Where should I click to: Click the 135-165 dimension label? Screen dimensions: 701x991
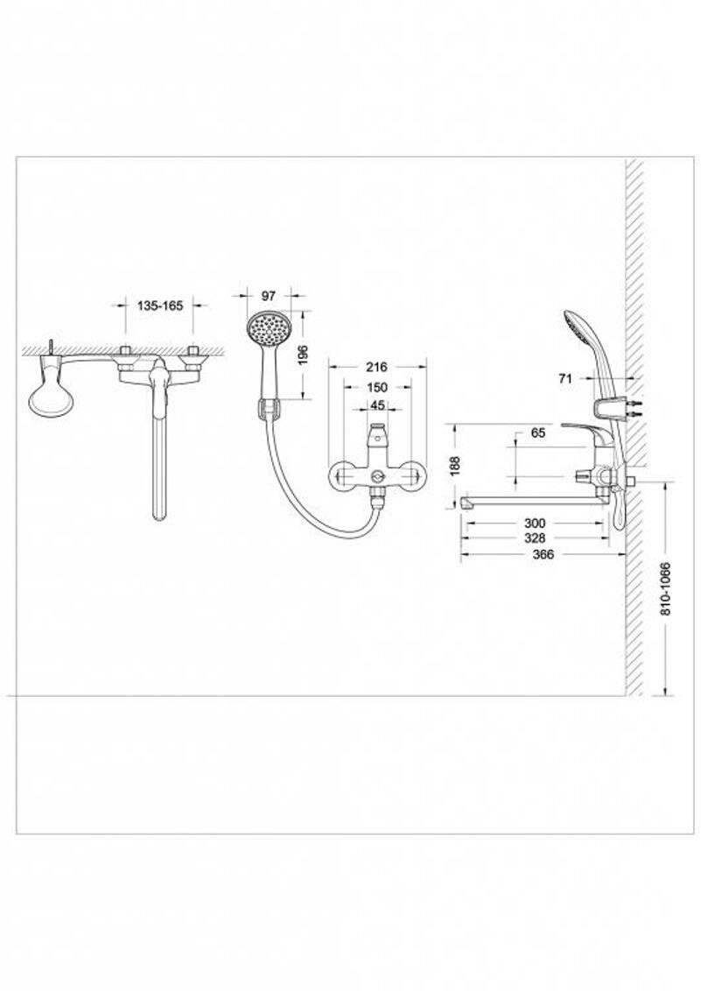coord(160,306)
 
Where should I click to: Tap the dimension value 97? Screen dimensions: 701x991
coord(269,295)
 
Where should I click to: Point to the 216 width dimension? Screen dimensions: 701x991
coord(376,368)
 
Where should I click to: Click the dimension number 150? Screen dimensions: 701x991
coord(376,387)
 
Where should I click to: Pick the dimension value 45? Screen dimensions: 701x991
coord(377,405)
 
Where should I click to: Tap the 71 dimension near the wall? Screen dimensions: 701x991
coord(564,378)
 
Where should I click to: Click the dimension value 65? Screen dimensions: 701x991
coord(538,433)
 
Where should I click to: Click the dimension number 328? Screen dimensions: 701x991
coord(533,538)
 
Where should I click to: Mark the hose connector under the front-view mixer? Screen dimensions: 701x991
coord(377,501)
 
